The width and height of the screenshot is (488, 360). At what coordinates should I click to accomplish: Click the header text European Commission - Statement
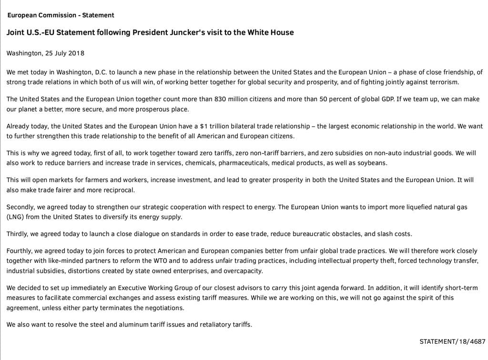coord(61,15)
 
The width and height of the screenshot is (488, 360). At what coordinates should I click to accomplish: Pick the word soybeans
coord(373,163)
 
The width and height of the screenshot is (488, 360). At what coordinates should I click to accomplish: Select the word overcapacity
coord(243,270)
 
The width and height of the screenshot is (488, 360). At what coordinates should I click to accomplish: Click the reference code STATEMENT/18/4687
coord(452,341)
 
